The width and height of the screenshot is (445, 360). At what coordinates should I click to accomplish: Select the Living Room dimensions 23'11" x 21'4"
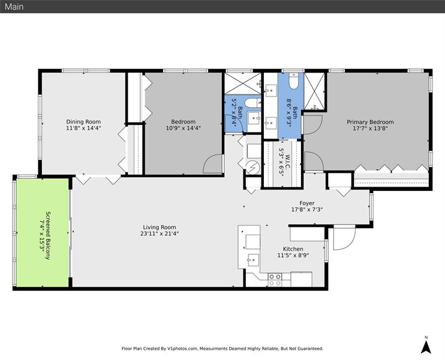point(159,234)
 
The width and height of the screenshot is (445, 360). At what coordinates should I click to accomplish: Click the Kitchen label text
point(293,248)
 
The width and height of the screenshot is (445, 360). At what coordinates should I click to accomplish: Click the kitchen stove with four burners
point(275,279)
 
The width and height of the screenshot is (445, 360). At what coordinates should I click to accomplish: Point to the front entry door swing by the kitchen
point(342,240)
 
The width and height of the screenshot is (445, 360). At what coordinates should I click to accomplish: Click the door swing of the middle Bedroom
point(211,166)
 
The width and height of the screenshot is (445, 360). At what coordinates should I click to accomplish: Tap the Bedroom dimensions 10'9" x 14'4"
point(182,127)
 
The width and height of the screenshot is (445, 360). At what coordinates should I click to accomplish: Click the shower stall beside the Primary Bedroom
point(315,90)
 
